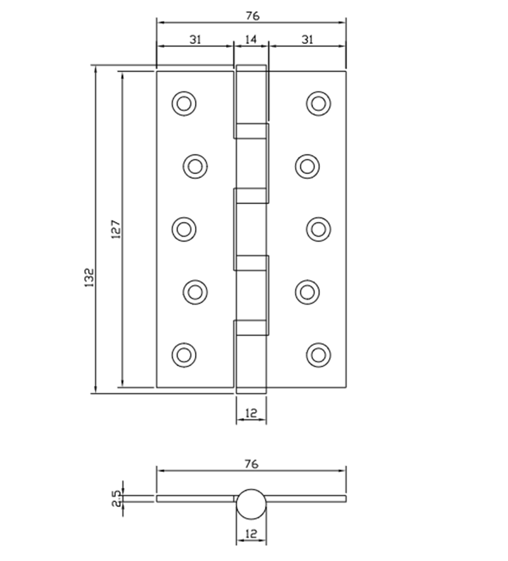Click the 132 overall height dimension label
90,278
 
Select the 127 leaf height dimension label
116,230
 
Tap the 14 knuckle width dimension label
251,40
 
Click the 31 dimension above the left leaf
195,40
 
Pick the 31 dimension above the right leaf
307,40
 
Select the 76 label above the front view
251,16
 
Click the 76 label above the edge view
251,464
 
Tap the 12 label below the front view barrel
251,413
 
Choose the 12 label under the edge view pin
251,534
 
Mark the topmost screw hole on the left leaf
184,103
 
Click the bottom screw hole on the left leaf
184,354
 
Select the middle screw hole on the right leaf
318,229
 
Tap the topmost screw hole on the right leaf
318,103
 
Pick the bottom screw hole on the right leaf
318,354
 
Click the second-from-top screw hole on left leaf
195,166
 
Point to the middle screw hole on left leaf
184,229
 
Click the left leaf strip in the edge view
195,498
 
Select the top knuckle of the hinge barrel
251,95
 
